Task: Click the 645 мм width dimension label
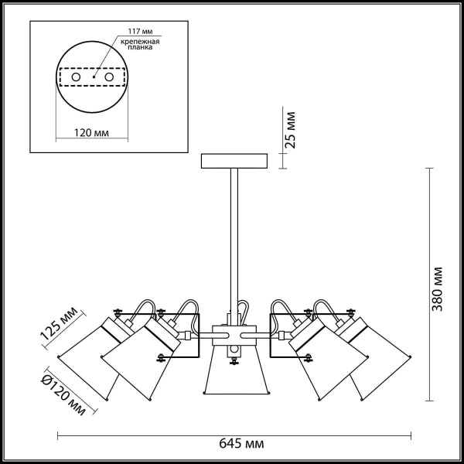click(241, 445)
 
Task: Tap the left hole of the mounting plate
click(76, 77)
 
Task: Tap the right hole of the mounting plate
click(109, 77)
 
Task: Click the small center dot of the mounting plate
click(93, 77)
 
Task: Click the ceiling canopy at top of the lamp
click(233, 162)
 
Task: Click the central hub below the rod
click(233, 335)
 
